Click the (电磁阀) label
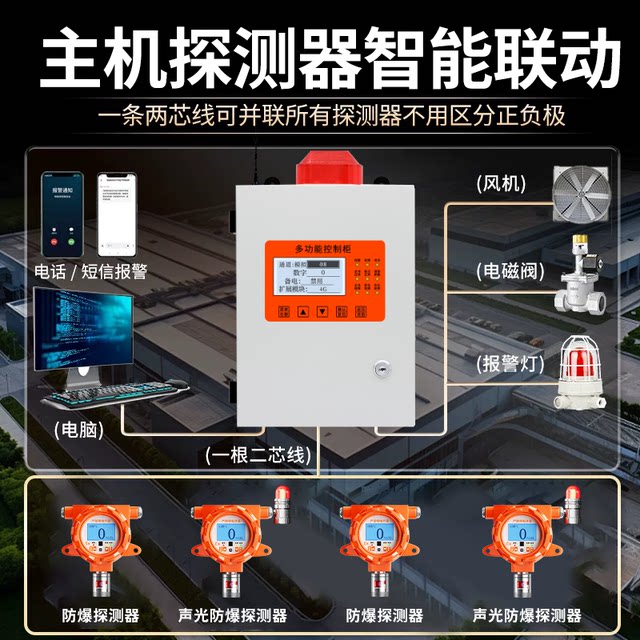510,271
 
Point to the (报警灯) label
510,363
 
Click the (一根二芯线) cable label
258,456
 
